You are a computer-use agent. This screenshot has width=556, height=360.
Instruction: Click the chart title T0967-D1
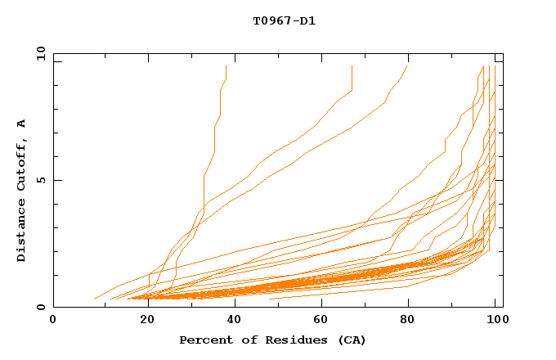tap(284, 21)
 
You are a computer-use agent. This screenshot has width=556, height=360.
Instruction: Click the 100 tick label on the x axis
tap(495, 320)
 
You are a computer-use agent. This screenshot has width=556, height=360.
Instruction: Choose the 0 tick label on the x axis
tap(53, 320)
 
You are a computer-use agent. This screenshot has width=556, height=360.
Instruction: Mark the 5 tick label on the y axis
tap(39, 180)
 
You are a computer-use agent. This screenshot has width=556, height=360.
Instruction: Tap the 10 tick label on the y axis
tap(38, 53)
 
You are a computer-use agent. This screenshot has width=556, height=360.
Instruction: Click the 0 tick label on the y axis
tap(39, 308)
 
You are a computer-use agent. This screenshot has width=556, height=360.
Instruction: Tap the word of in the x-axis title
tap(240, 340)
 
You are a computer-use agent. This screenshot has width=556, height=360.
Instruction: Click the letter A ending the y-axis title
tap(22, 124)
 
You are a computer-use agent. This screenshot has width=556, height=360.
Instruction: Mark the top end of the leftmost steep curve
tap(226, 66)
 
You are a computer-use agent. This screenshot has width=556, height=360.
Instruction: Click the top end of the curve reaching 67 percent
tap(352, 66)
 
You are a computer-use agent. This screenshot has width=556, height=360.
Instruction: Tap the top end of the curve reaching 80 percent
tap(407, 66)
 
